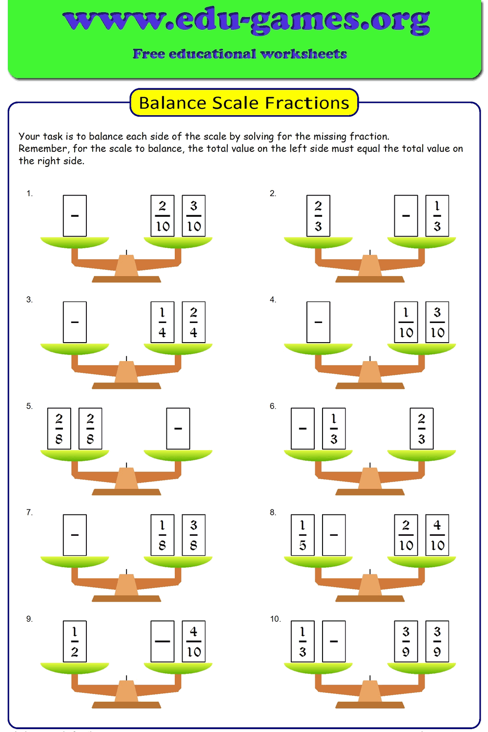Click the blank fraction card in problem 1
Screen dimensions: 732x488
75,216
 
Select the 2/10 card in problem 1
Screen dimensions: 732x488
163,216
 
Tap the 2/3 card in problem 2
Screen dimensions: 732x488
318,216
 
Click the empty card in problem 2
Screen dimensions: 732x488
406,216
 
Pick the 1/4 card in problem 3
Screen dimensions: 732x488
163,322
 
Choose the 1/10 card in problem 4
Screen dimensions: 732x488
406,322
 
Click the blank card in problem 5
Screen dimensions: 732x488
178,428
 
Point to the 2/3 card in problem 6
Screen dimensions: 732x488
422,428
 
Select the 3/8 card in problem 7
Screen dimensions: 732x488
194,535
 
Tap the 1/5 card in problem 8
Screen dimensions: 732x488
303,535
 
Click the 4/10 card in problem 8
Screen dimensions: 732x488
437,535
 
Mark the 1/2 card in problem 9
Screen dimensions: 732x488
75,641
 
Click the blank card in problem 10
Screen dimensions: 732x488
334,641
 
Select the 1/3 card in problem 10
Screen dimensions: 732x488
303,641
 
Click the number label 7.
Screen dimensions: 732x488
29,512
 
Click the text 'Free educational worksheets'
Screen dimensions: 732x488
240,54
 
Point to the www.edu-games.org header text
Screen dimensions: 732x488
246,20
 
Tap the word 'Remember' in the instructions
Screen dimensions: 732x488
42,148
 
